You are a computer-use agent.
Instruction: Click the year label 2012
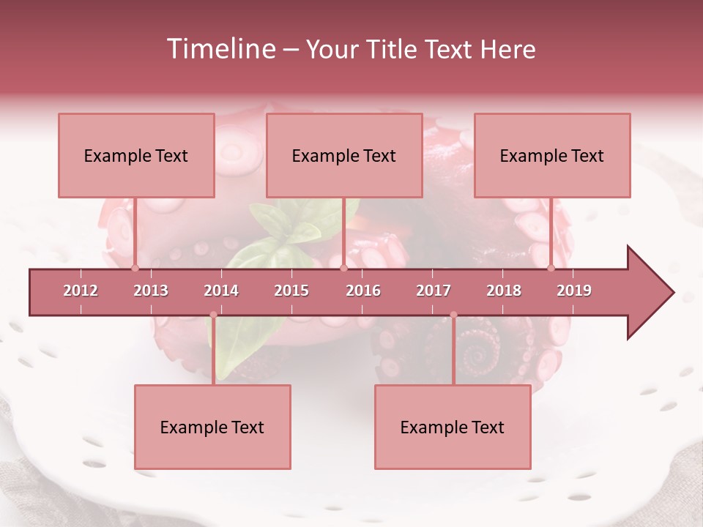click(x=81, y=291)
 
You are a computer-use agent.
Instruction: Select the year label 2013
click(x=151, y=291)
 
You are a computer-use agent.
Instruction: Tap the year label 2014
click(x=221, y=291)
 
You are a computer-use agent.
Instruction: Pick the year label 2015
click(x=291, y=291)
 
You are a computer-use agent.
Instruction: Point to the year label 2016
click(x=363, y=291)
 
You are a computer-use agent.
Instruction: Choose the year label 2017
click(x=434, y=291)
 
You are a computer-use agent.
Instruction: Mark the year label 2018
click(x=504, y=291)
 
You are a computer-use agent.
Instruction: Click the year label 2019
click(x=574, y=291)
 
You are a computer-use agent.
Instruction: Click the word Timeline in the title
click(x=220, y=49)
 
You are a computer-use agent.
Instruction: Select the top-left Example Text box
click(x=136, y=155)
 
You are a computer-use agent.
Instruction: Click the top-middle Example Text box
click(x=344, y=155)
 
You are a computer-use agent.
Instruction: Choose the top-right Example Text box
click(x=552, y=155)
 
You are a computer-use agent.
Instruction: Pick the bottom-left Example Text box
click(x=212, y=427)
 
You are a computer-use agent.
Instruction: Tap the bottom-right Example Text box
click(x=453, y=427)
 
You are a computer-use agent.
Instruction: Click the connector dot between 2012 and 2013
click(x=135, y=269)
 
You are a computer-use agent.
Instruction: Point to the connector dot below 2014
click(x=213, y=315)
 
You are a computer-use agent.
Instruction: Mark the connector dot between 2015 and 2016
click(x=343, y=269)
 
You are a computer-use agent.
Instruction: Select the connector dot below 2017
click(x=453, y=315)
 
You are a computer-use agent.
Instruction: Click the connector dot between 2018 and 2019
click(x=551, y=269)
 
